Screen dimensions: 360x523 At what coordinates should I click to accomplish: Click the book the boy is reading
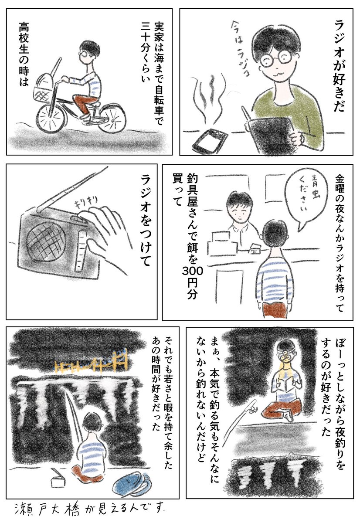point(285,385)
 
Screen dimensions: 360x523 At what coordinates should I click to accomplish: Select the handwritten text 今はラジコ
point(238,48)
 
